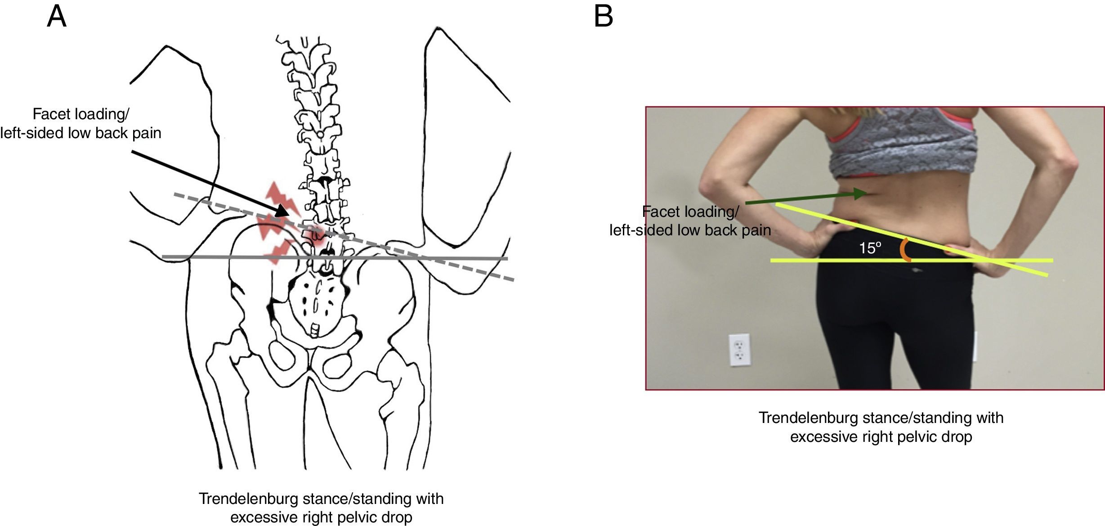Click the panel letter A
57,17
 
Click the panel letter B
603,17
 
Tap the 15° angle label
870,248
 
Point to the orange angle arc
904,250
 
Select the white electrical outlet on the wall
739,350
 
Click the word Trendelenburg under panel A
248,499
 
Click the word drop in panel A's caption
397,517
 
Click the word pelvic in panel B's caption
910,437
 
